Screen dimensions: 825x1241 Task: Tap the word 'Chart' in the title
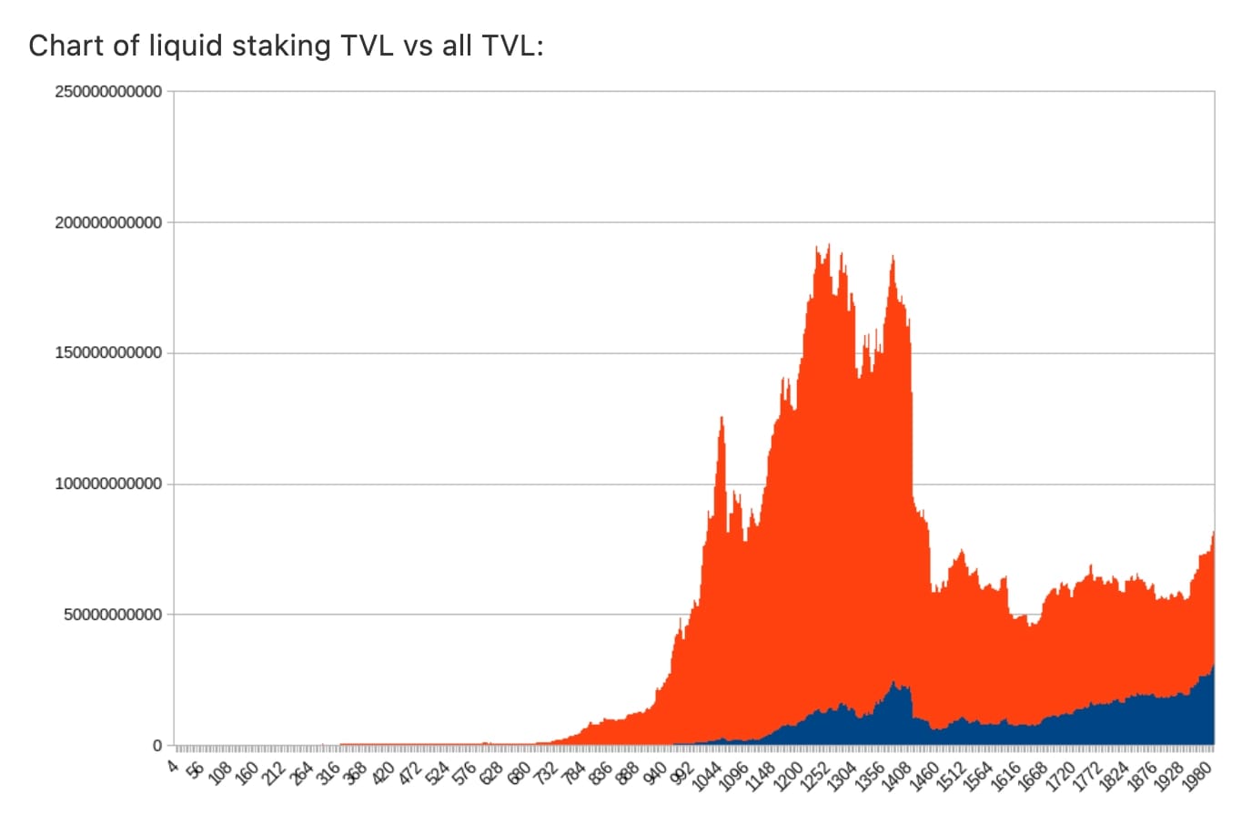click(66, 46)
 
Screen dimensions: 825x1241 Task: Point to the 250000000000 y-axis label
click(108, 92)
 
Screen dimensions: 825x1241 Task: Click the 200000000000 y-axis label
click(108, 222)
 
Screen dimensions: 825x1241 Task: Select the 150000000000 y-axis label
click(108, 353)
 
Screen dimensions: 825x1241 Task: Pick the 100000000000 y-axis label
click(108, 484)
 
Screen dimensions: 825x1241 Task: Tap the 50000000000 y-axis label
click(113, 615)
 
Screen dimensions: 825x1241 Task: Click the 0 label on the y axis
click(156, 746)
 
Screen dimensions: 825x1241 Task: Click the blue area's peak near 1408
click(893, 682)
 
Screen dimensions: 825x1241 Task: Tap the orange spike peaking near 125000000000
click(721, 419)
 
